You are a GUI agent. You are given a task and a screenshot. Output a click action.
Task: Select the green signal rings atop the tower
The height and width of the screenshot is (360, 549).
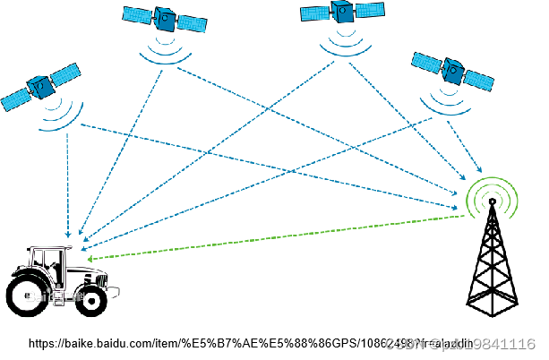tap(492, 196)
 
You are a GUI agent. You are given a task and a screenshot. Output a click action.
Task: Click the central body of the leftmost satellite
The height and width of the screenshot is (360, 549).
tap(39, 87)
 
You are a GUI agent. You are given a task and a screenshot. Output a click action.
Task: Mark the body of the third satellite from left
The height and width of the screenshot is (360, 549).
tap(341, 11)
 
